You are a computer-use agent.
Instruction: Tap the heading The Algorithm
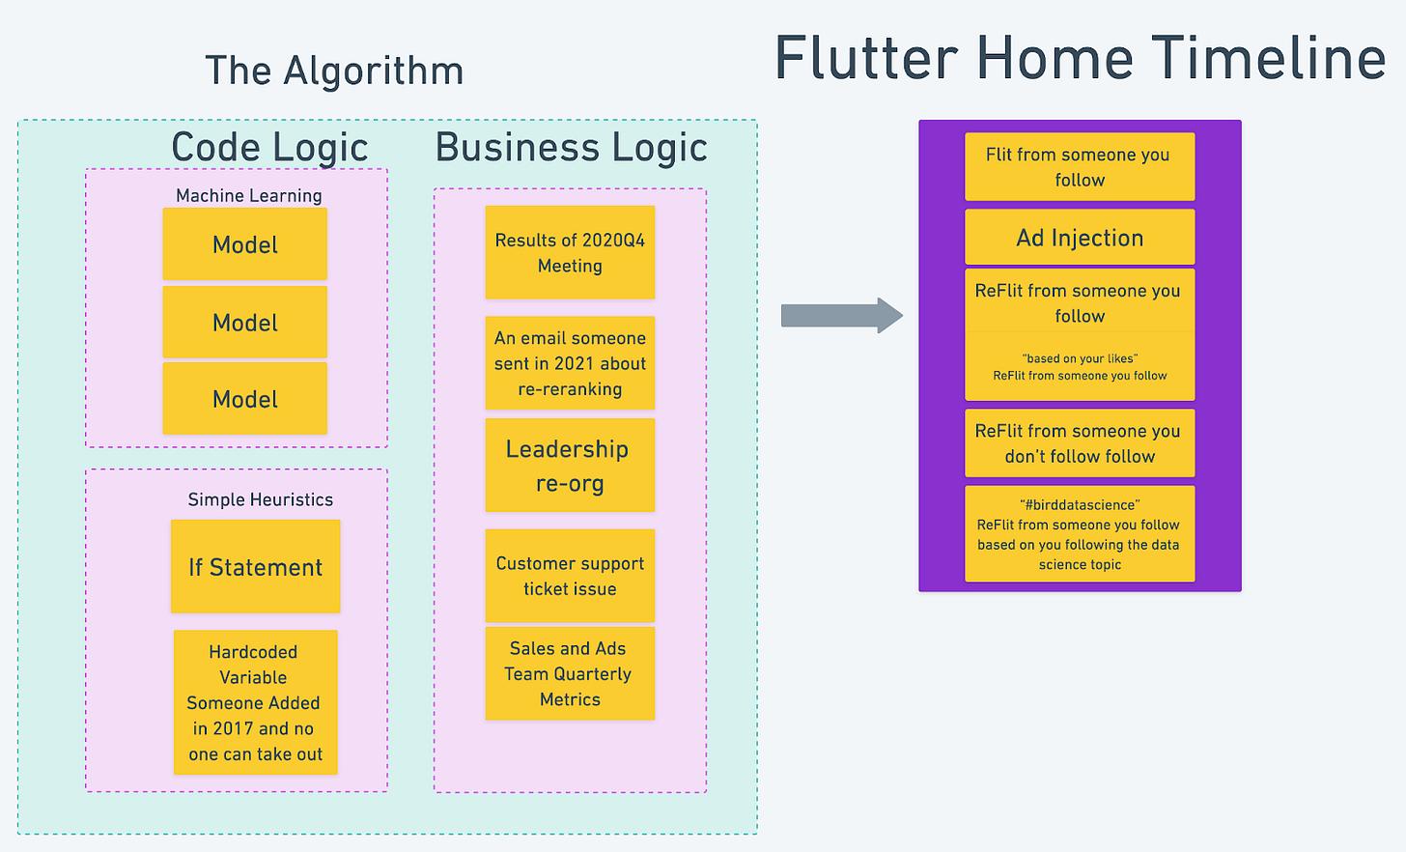[x=334, y=71]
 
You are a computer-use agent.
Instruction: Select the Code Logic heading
[x=269, y=148]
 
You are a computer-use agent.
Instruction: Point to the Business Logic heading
[x=571, y=148]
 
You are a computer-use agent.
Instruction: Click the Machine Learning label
[x=248, y=195]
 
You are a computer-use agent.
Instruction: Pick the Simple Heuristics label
[x=260, y=499]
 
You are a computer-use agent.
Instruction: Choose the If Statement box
[x=255, y=567]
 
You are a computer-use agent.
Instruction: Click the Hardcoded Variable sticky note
[x=255, y=702]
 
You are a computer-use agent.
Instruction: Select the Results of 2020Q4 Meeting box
[x=570, y=252]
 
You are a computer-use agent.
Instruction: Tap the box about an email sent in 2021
[x=570, y=363]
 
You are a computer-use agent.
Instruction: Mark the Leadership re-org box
[x=570, y=466]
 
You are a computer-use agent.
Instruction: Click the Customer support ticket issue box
[x=570, y=576]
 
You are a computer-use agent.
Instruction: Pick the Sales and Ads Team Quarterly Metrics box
[x=570, y=673]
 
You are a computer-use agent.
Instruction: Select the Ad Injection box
[x=1080, y=238]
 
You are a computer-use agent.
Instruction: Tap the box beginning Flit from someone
[x=1080, y=167]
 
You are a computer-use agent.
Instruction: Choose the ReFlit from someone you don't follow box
[x=1080, y=443]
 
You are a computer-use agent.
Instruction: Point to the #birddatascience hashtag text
[x=1080, y=504]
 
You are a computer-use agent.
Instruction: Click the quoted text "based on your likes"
[x=1080, y=358]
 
